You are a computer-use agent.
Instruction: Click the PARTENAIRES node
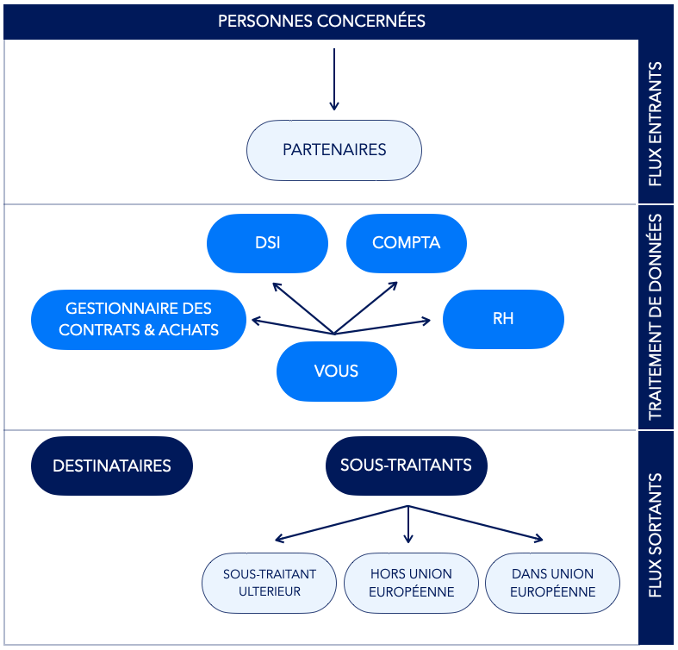click(333, 150)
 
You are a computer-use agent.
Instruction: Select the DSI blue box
click(267, 243)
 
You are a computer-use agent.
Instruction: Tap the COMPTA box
click(407, 243)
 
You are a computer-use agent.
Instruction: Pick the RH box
click(503, 319)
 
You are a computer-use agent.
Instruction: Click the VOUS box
click(336, 372)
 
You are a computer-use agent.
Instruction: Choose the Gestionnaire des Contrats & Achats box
click(139, 319)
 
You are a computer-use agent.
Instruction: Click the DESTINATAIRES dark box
click(112, 466)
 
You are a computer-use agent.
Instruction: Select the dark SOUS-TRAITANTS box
click(407, 466)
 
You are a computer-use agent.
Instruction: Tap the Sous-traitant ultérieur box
click(269, 583)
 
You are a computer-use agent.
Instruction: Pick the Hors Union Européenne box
click(411, 583)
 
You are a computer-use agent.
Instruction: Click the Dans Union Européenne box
click(552, 583)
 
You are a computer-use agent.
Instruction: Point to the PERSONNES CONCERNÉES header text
click(321, 22)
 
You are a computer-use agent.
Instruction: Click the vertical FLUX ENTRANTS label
click(656, 124)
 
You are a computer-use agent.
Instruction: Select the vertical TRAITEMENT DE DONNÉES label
click(656, 316)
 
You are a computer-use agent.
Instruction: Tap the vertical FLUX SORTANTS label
click(656, 535)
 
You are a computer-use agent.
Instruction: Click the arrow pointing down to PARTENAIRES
click(333, 79)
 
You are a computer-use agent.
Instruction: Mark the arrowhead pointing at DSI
click(275, 285)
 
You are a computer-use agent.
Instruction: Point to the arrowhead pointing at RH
click(427, 321)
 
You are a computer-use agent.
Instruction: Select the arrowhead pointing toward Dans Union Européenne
click(539, 539)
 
